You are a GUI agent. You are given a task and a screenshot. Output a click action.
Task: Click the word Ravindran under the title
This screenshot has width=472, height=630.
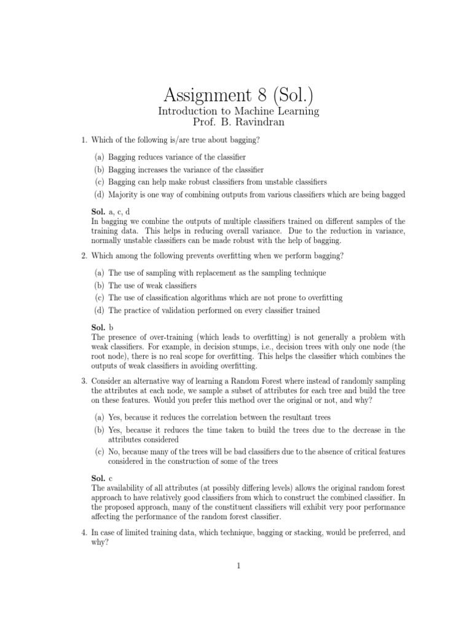(x=262, y=122)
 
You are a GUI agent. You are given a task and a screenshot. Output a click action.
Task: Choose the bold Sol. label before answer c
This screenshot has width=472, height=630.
(x=98, y=478)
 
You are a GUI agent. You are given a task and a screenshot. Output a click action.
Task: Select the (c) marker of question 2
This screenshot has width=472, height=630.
(x=99, y=298)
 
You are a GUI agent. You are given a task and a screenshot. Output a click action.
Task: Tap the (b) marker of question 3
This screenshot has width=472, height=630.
(x=99, y=429)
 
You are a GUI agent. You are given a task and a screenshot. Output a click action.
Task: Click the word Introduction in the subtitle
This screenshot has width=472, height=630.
(x=186, y=111)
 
